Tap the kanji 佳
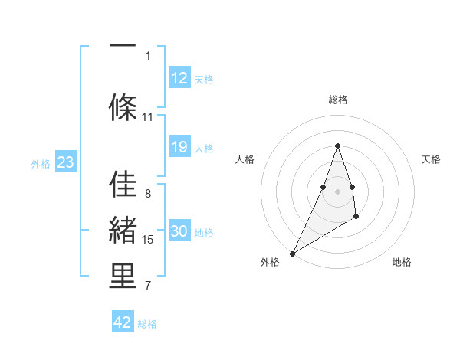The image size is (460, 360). coord(123,185)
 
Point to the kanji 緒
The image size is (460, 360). coord(123,230)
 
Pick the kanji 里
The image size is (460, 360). coord(123,277)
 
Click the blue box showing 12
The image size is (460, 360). coord(179,77)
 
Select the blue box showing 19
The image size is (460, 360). coord(179,147)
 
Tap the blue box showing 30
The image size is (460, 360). coord(179,231)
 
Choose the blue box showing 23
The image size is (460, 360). coord(64,162)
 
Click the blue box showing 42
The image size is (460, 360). coord(123,322)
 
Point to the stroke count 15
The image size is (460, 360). coord(148,240)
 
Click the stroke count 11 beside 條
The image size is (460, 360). coord(148,117)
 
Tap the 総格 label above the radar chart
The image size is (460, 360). coord(337,100)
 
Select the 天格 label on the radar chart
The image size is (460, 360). coord(432,159)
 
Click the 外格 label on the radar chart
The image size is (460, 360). coord(270,262)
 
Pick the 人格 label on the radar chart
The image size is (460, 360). coord(245,159)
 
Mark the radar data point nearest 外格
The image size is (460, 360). coord(292,253)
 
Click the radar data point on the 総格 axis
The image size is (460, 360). coord(337,146)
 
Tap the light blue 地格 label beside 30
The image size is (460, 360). coord(204,232)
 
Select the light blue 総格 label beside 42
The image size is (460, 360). coord(147,323)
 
